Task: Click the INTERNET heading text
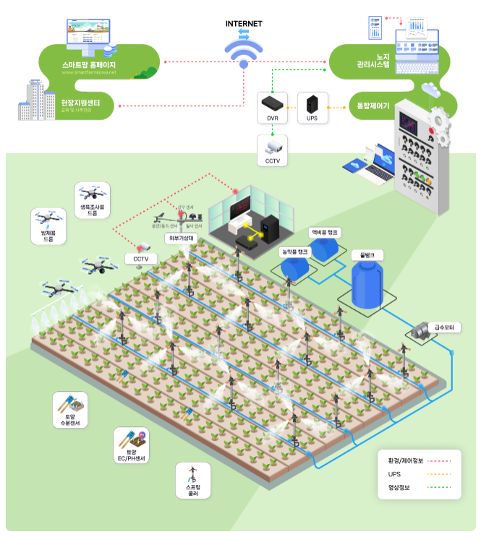coord(244,24)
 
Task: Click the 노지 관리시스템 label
coord(373,61)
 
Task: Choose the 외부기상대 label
coord(181,237)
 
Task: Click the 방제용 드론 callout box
coord(48,225)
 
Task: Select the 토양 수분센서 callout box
coord(70,410)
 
